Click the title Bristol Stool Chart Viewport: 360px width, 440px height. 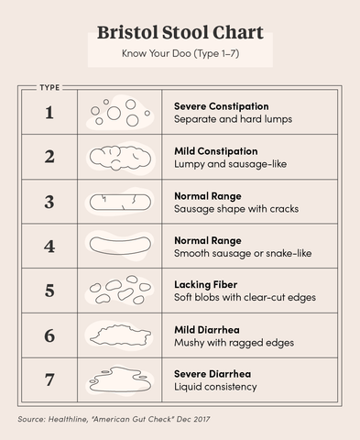(180, 33)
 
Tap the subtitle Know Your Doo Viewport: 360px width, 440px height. (180, 54)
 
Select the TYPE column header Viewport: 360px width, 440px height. (49, 88)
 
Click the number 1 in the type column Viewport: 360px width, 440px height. (49, 113)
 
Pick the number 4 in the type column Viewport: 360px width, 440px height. (49, 247)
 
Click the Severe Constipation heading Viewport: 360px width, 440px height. (221, 106)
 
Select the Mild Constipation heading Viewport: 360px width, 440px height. (216, 151)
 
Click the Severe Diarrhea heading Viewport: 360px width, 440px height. (213, 373)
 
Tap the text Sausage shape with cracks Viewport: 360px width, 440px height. (235, 209)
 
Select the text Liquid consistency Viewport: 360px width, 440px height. (215, 387)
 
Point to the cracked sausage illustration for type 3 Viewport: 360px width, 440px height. (119, 203)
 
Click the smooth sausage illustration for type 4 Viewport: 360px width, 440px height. (119, 247)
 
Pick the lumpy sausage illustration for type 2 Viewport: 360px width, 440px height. (119, 158)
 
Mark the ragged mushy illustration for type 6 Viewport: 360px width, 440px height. (119, 335)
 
